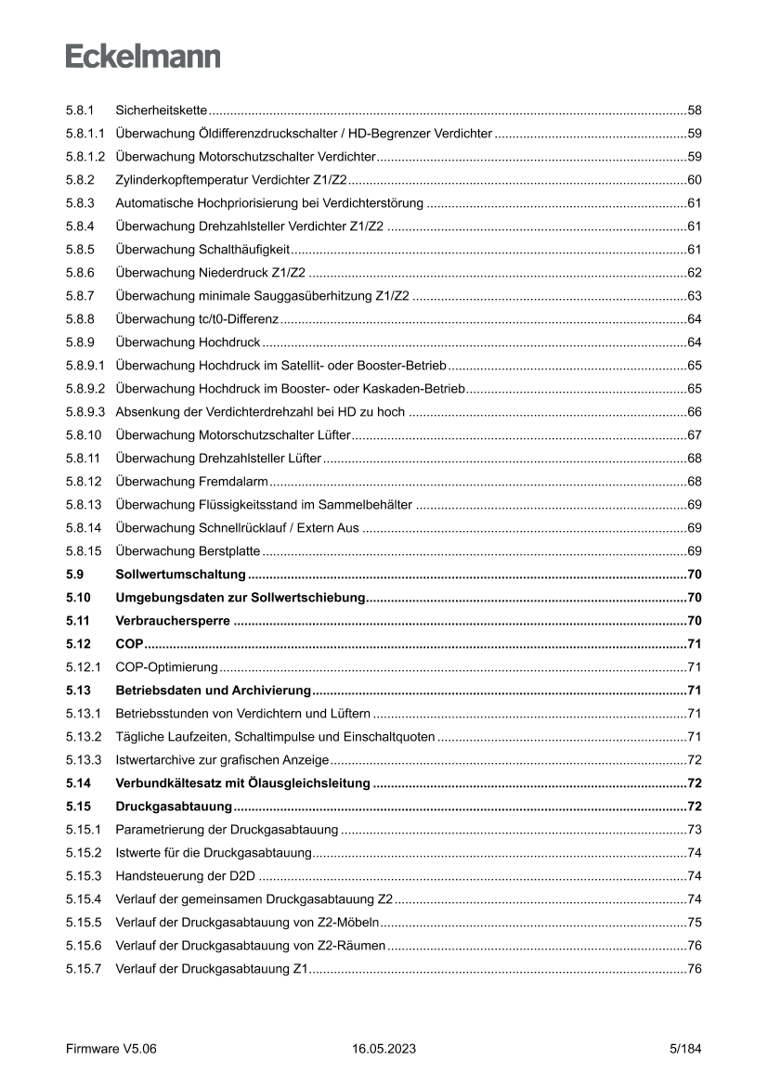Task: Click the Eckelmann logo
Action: tap(143, 57)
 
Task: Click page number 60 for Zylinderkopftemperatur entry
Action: tap(694, 180)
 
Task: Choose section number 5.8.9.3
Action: tap(85, 411)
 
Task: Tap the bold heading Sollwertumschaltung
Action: tap(180, 574)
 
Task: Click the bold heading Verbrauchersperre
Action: tap(173, 620)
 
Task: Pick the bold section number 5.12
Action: tap(77, 643)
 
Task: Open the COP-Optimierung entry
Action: tap(166, 666)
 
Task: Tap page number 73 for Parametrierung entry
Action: tap(694, 829)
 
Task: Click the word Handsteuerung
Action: tap(154, 875)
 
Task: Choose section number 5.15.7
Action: tap(83, 968)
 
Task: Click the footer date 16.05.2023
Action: tap(384, 1049)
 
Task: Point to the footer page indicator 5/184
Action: tap(685, 1049)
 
